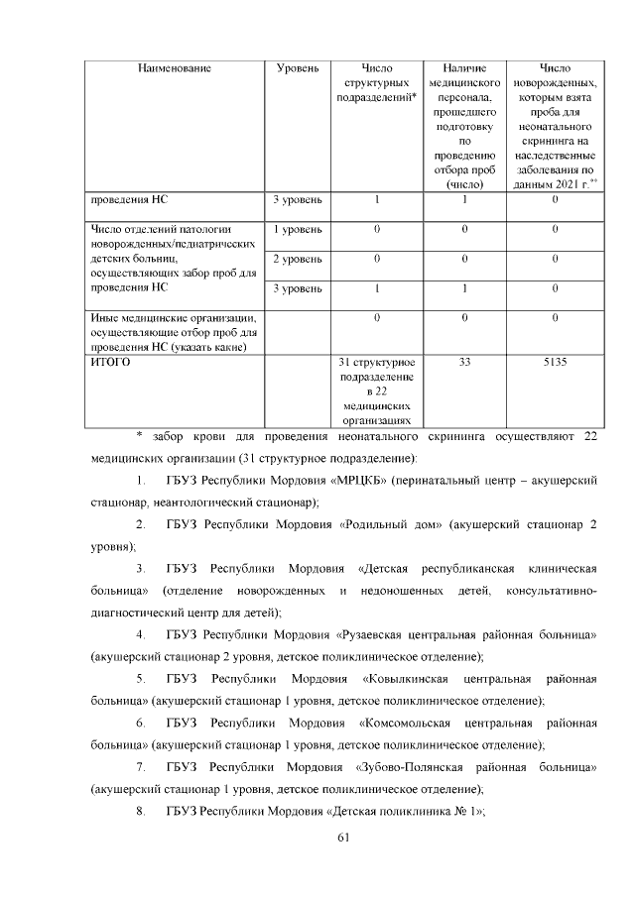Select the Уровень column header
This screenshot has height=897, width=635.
[x=298, y=68]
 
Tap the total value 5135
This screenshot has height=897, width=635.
[x=555, y=363]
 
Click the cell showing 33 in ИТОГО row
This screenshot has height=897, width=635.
[x=464, y=363]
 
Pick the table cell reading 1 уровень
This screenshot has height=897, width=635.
[x=298, y=230]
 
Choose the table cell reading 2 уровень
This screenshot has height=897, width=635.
[x=298, y=259]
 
